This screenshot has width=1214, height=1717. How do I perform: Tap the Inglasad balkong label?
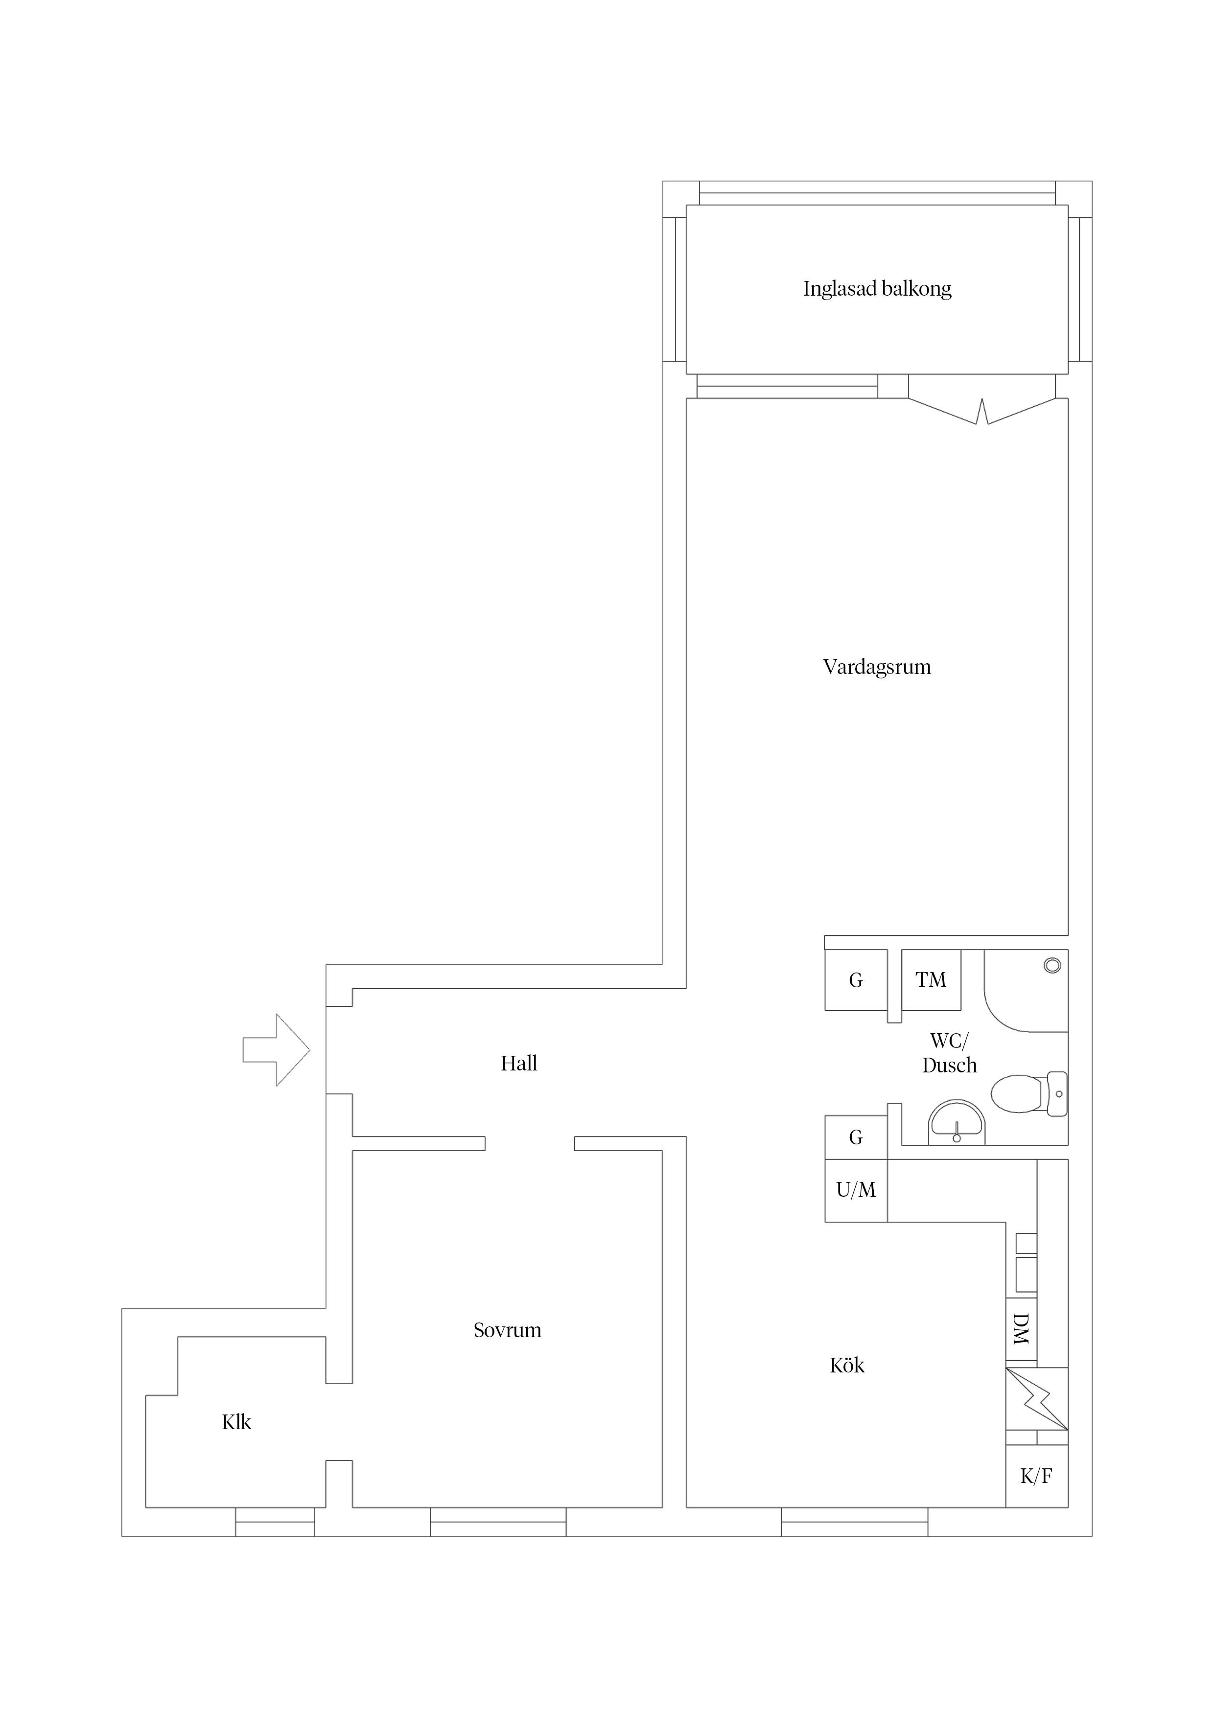(877, 289)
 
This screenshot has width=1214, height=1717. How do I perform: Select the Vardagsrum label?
(877, 667)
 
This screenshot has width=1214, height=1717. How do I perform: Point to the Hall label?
(518, 1064)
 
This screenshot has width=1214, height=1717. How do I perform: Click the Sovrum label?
(507, 1330)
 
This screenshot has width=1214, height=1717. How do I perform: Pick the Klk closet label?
(236, 1422)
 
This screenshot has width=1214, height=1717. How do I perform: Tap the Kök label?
(847, 1366)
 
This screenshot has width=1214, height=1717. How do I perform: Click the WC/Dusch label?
(949, 1053)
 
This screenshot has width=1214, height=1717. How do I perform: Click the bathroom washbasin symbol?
(957, 1124)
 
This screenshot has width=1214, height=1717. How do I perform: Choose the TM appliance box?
(931, 980)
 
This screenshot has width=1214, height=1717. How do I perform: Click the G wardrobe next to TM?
(856, 980)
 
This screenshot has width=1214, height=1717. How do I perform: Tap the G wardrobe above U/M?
(856, 1137)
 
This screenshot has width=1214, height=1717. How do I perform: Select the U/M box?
(856, 1190)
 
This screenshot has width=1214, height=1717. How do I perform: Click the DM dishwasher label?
(1021, 1329)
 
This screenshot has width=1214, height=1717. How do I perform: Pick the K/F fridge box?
(1036, 1476)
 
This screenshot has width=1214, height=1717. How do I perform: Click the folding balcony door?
(982, 411)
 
